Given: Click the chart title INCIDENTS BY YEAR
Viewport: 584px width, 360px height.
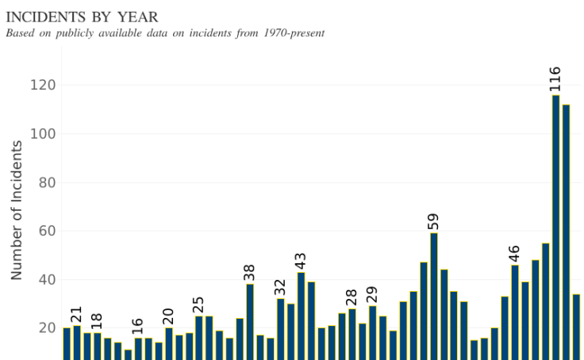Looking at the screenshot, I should pyautogui.click(x=83, y=17).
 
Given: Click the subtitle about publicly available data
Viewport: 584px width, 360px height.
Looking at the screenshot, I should pyautogui.click(x=165, y=33).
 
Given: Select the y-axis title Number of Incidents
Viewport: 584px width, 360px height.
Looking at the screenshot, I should pyautogui.click(x=17, y=210).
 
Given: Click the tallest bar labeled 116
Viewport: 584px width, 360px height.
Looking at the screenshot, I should pyautogui.click(x=555, y=226).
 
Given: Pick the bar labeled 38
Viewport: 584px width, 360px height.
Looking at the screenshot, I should pyautogui.click(x=250, y=321).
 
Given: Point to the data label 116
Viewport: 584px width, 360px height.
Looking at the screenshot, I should pyautogui.click(x=555, y=79).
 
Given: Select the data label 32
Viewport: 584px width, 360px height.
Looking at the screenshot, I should pyautogui.click(x=280, y=285).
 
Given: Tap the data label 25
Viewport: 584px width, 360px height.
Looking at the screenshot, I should pyautogui.click(x=198, y=304).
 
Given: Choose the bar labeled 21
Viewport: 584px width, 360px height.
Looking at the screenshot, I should pyautogui.click(x=76, y=342).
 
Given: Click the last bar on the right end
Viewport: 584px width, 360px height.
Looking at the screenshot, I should pyautogui.click(x=576, y=326).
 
